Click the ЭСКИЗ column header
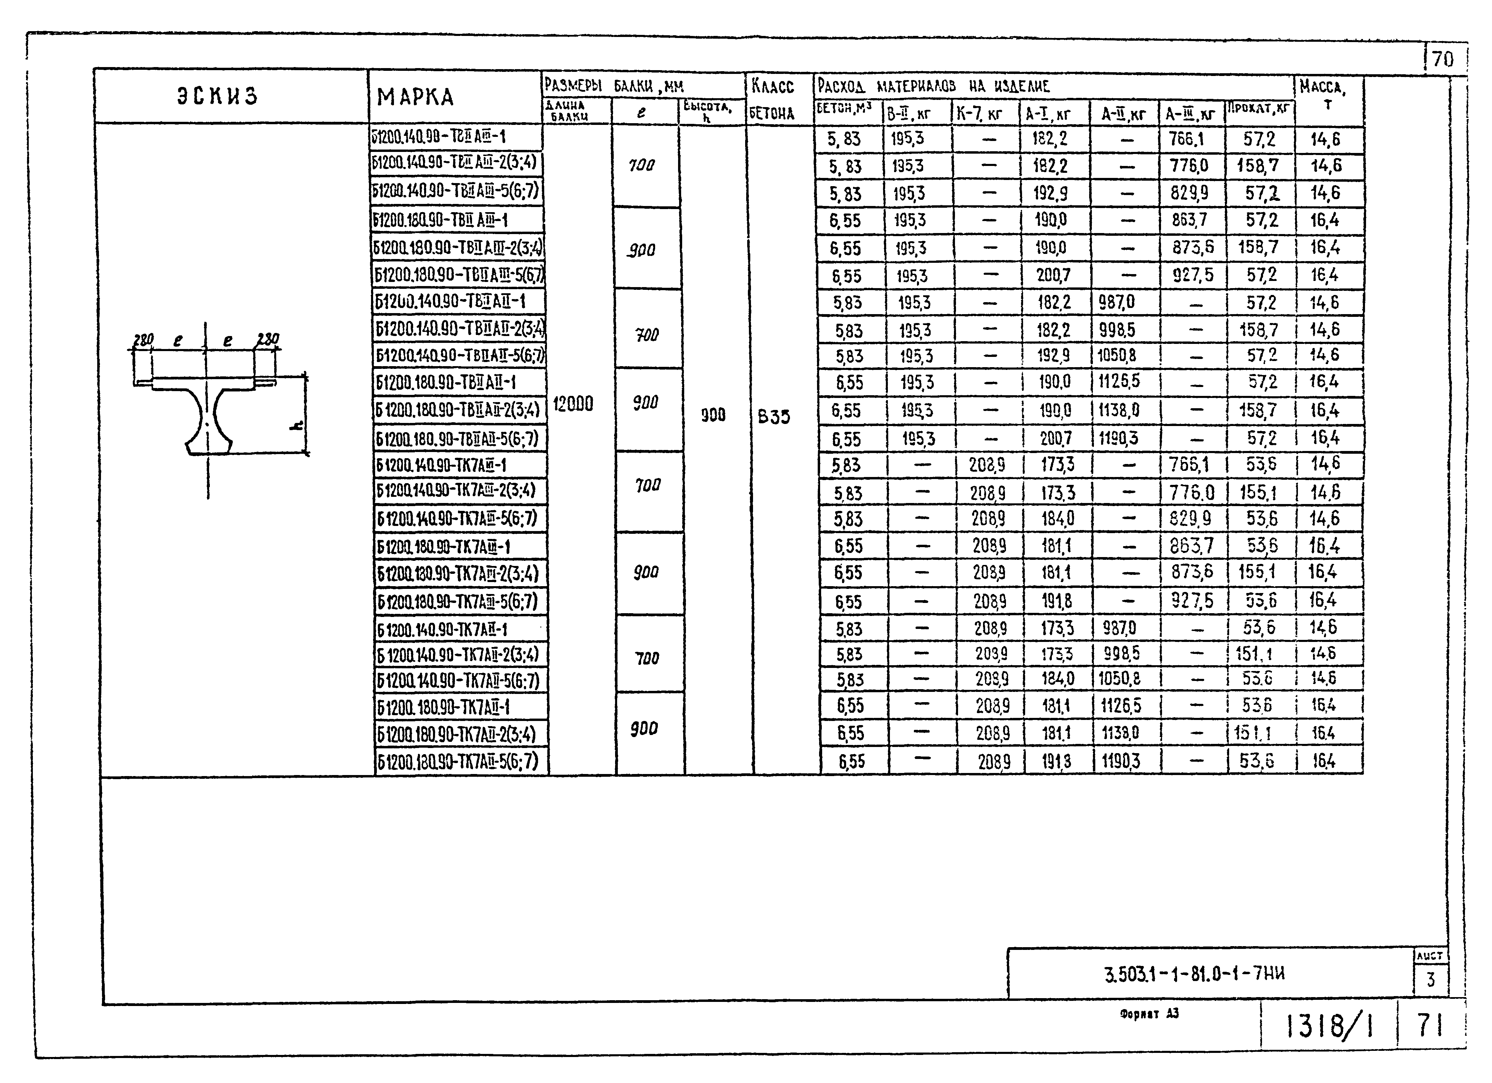pos(217,96)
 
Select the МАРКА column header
pos(415,97)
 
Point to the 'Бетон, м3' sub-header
pos(844,109)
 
